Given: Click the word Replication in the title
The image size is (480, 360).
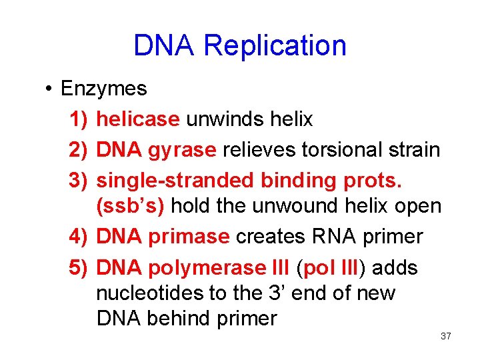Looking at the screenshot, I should tap(275, 46).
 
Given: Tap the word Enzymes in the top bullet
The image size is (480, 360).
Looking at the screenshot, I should tap(103, 89).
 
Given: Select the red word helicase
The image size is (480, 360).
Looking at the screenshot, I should tap(138, 119).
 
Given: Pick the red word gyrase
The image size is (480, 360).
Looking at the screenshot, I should tap(183, 149).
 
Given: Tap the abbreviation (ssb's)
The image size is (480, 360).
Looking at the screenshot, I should tap(131, 206).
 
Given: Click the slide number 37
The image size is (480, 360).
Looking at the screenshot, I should tap(446, 336).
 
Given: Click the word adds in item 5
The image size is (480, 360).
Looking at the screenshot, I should tap(395, 268).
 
